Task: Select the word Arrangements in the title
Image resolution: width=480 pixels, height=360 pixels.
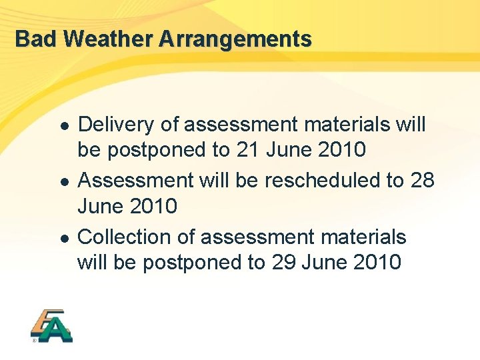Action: point(235,39)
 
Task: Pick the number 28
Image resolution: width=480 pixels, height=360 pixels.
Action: point(423,180)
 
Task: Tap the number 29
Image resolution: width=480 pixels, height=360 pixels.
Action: point(284,263)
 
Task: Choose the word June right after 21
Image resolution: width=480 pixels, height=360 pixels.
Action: point(289,150)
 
